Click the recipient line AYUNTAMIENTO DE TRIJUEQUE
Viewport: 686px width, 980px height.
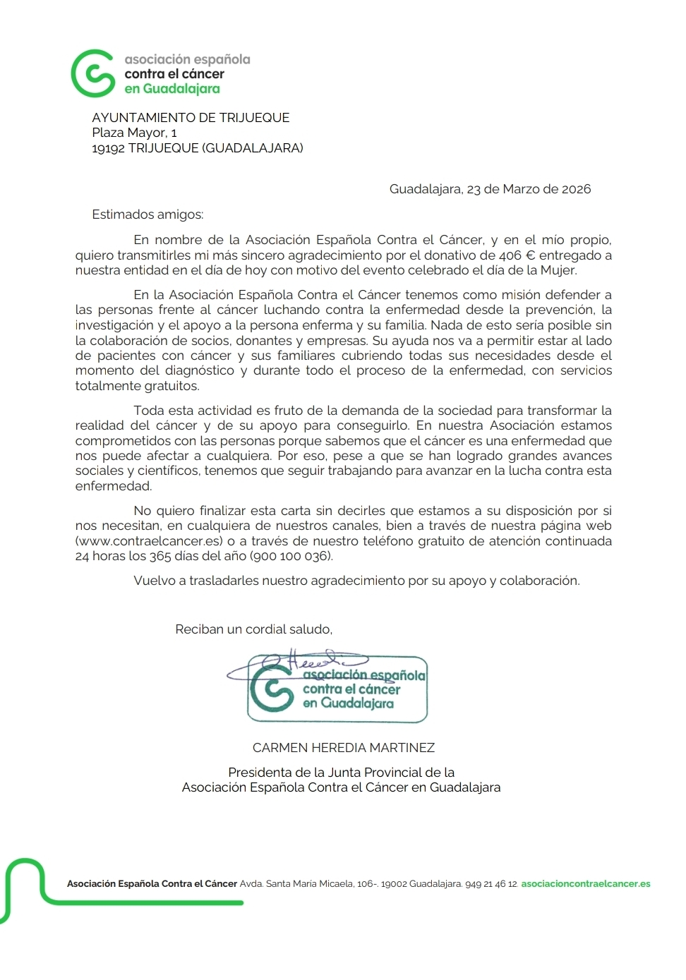pos(191,118)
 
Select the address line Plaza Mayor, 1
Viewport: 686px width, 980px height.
pos(134,133)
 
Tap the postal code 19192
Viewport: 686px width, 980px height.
pos(108,148)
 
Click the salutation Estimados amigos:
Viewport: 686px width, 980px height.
pos(148,214)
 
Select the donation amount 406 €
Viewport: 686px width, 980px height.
pos(517,255)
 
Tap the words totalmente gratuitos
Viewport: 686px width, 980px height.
pos(137,386)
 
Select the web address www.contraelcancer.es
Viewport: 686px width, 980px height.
pos(150,541)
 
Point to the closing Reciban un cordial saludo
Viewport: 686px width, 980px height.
pos(253,629)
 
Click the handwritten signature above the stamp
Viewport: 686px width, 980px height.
pos(311,662)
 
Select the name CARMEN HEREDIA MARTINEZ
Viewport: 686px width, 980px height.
pos(344,748)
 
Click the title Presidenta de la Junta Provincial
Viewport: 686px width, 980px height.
pos(341,773)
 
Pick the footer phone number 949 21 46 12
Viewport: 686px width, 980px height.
pos(491,884)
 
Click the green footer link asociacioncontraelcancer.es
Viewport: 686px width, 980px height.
pos(586,884)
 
